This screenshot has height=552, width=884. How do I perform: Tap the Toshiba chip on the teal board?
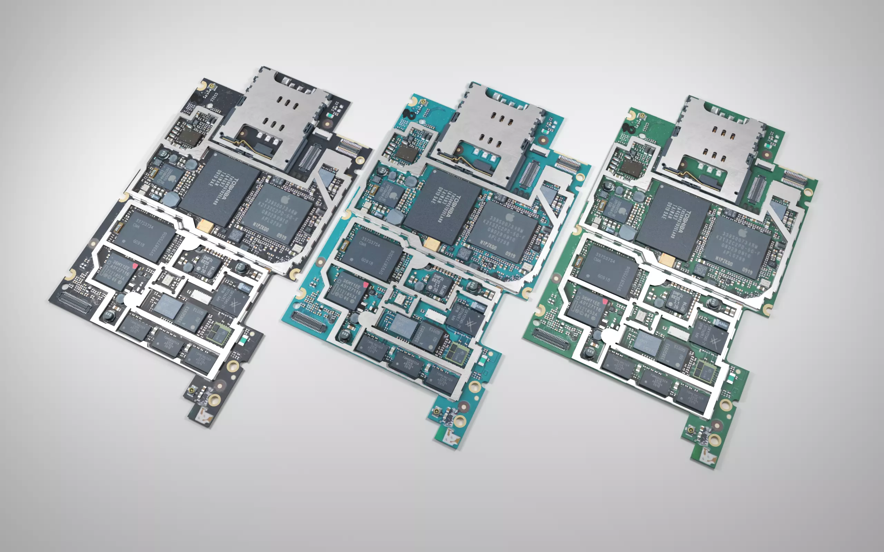[442, 207]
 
